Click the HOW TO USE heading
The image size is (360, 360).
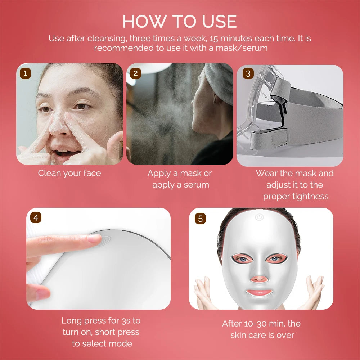click(180, 22)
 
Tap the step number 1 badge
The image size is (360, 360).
click(25, 73)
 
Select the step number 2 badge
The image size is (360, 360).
click(135, 73)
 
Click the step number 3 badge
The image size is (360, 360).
click(248, 74)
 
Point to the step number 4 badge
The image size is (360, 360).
click(35, 217)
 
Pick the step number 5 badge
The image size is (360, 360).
click(200, 218)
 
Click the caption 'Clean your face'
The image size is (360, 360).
click(69, 173)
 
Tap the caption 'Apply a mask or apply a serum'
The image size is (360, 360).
click(180, 179)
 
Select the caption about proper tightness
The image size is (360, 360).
click(295, 185)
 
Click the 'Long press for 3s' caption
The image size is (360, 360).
click(101, 332)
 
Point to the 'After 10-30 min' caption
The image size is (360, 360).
click(261, 329)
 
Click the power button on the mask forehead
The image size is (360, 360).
click(258, 217)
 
